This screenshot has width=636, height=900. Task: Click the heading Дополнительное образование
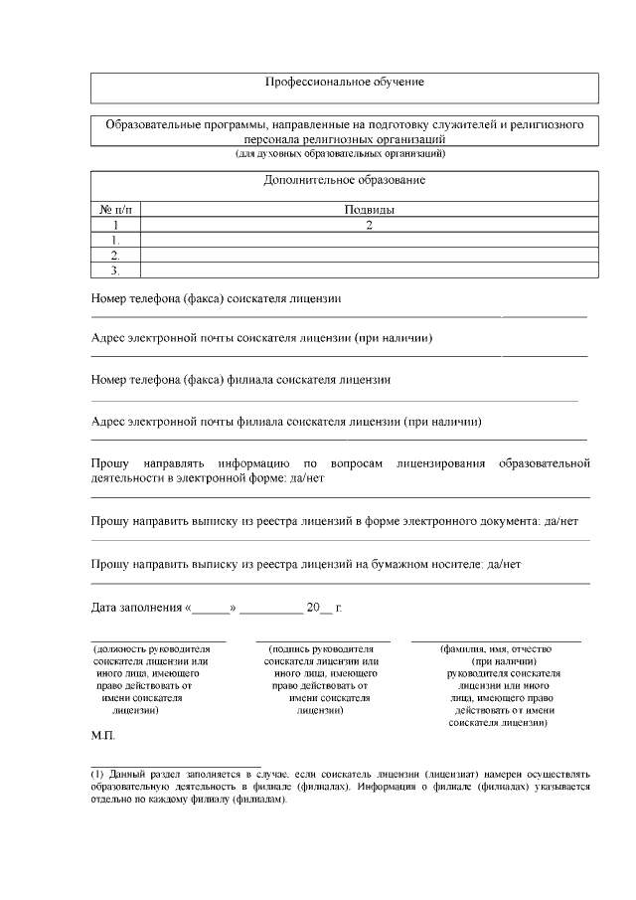pyautogui.click(x=344, y=181)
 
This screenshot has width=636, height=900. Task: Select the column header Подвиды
pyautogui.click(x=369, y=210)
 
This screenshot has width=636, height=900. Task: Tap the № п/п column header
pyautogui.click(x=115, y=210)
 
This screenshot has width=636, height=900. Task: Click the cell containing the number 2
pyautogui.click(x=369, y=225)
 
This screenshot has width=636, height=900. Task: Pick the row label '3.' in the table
pyautogui.click(x=115, y=270)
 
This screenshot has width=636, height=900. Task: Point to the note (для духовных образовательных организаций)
pyautogui.click(x=344, y=154)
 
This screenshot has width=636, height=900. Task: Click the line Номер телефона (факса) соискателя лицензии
pyautogui.click(x=216, y=298)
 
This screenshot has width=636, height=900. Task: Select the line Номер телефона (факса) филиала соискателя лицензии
pyautogui.click(x=239, y=380)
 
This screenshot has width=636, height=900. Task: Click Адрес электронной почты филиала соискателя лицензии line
pyautogui.click(x=286, y=422)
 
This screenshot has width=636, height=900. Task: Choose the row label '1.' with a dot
pyautogui.click(x=115, y=240)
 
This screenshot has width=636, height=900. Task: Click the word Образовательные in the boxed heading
pyautogui.click(x=152, y=125)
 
